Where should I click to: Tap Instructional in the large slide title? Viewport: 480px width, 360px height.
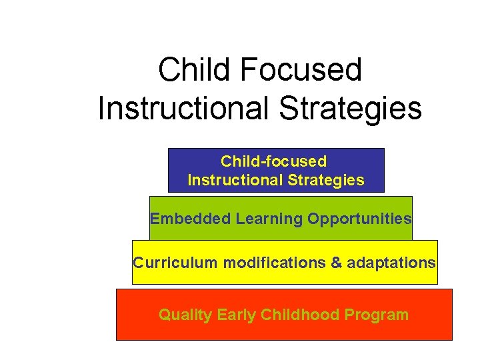[x=183, y=109]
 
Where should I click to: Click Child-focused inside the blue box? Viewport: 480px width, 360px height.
[x=273, y=161]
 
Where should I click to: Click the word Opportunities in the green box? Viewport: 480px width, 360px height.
[x=359, y=219]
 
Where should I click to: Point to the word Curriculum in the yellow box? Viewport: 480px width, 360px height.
[x=175, y=263]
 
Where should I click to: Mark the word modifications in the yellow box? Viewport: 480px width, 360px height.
[x=275, y=263]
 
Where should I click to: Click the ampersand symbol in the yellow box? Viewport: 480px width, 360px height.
[x=337, y=263]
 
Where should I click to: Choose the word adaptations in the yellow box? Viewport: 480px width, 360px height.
[x=391, y=263]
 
